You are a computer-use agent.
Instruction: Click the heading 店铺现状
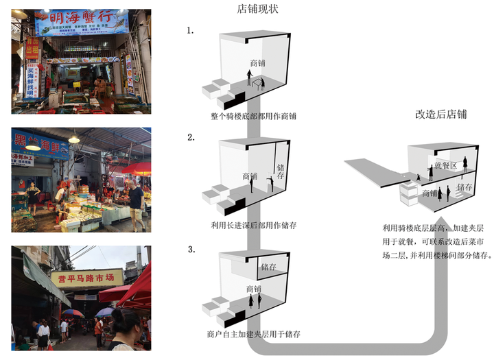tap(257, 9)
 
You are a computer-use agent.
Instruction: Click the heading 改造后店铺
tap(440, 114)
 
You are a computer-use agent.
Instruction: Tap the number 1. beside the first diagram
tap(191, 32)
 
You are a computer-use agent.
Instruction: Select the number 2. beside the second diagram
tap(191, 137)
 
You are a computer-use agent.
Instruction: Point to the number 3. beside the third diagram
tap(191, 248)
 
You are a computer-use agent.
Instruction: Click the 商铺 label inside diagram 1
tap(258, 63)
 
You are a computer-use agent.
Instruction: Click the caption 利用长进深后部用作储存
tap(254, 225)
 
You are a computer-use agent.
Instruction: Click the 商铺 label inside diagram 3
tap(253, 289)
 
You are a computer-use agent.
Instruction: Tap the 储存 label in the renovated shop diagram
tap(464, 187)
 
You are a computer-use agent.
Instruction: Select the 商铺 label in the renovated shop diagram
tap(430, 193)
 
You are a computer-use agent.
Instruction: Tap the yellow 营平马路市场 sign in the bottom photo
tap(86, 277)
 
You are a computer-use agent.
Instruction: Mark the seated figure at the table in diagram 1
tap(260, 83)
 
